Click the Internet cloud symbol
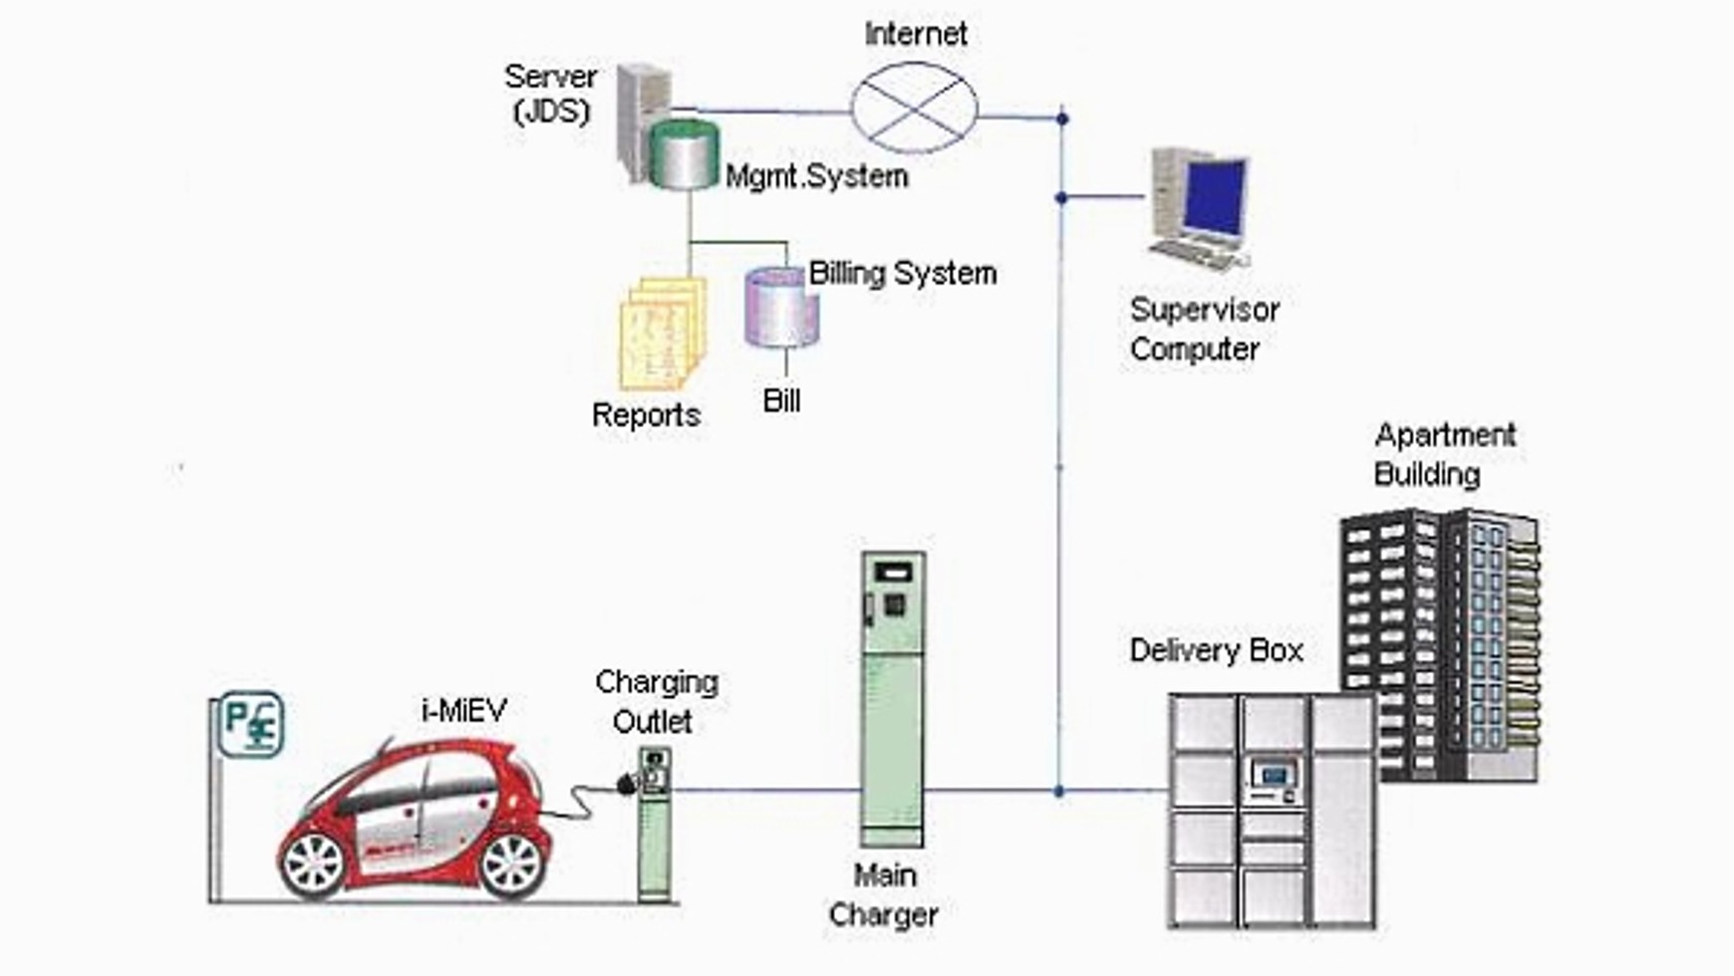914,108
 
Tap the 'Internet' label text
915,34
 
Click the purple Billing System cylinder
782,307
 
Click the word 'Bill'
781,400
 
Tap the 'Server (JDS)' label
551,93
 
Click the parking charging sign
250,724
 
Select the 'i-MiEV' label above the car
463,710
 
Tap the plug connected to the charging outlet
627,784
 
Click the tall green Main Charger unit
893,697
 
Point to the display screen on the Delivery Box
1273,773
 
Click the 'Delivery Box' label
1216,650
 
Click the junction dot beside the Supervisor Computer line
1061,198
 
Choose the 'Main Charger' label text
884,894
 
